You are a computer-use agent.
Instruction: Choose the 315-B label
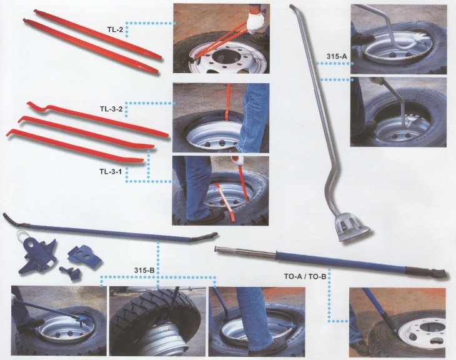click(x=144, y=269)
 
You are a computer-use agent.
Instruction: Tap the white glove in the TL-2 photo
click(x=254, y=24)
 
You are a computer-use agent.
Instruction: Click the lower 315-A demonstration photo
click(x=399, y=112)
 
